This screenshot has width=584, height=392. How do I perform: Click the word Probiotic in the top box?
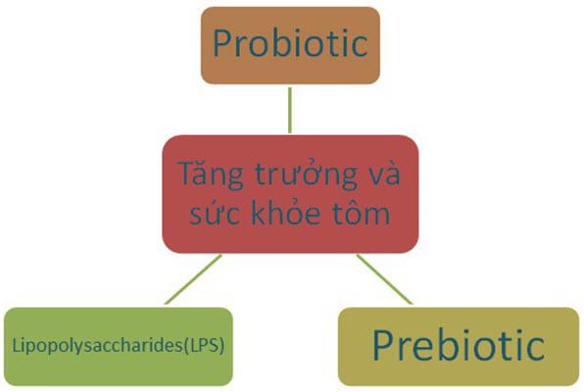coord(290,43)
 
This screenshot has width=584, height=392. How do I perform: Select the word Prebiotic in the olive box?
coord(459,345)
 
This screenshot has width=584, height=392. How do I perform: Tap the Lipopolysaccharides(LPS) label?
coord(119,346)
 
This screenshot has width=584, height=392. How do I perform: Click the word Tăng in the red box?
coord(211,174)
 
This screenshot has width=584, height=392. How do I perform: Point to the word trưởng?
coord(306,175)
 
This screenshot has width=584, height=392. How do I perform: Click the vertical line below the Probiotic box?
coord(290,111)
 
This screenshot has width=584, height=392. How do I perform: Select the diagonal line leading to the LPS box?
coord(193,279)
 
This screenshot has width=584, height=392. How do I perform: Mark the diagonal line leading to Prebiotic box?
coord(384,279)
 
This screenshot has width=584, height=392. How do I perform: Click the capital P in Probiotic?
coord(222,43)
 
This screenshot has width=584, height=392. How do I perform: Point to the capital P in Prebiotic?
coord(383,345)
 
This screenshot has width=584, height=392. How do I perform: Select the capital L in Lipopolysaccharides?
coord(16,345)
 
